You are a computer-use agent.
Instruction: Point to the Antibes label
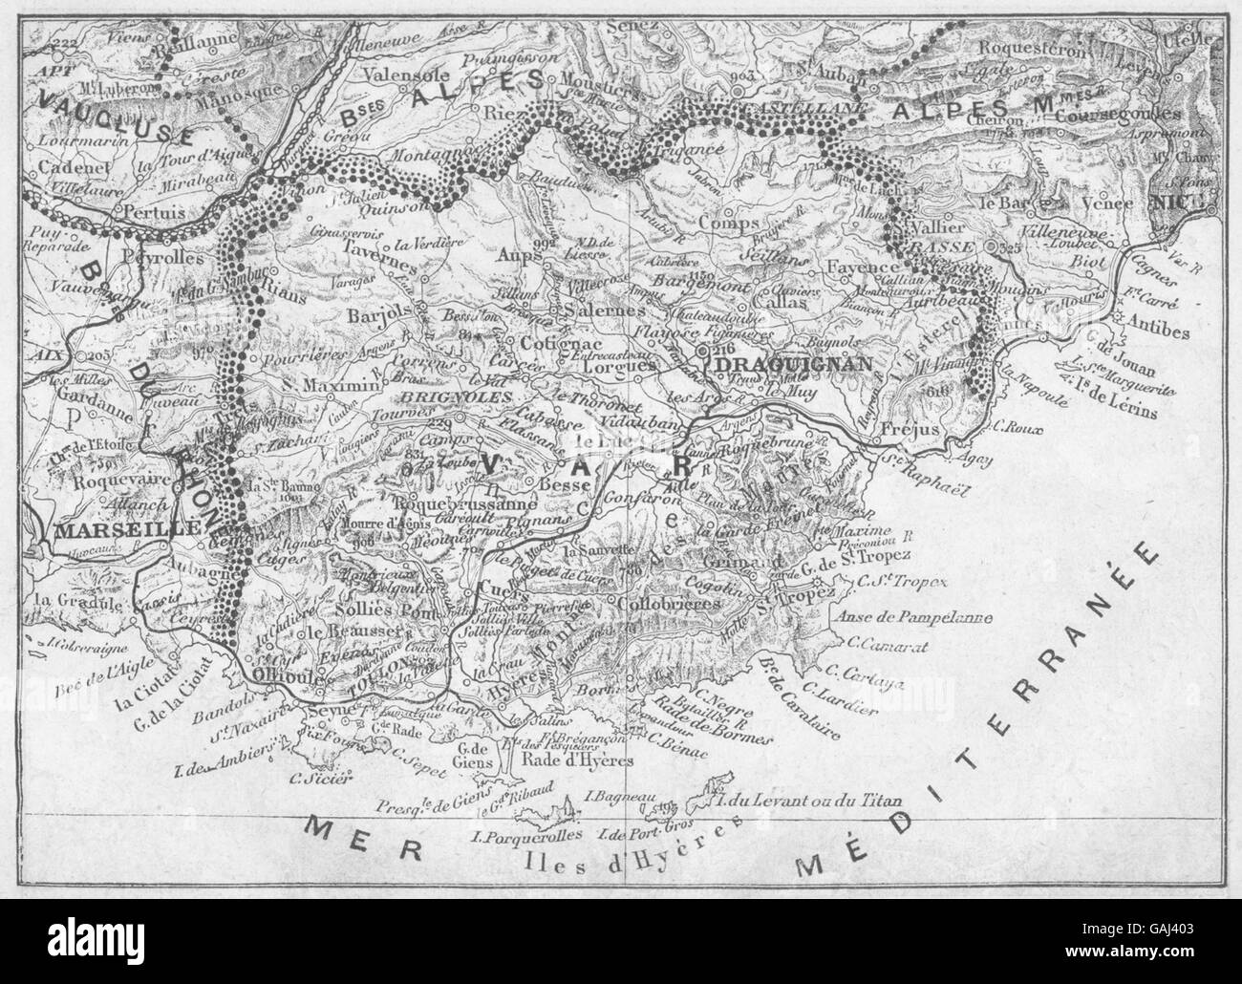[1158, 332]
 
